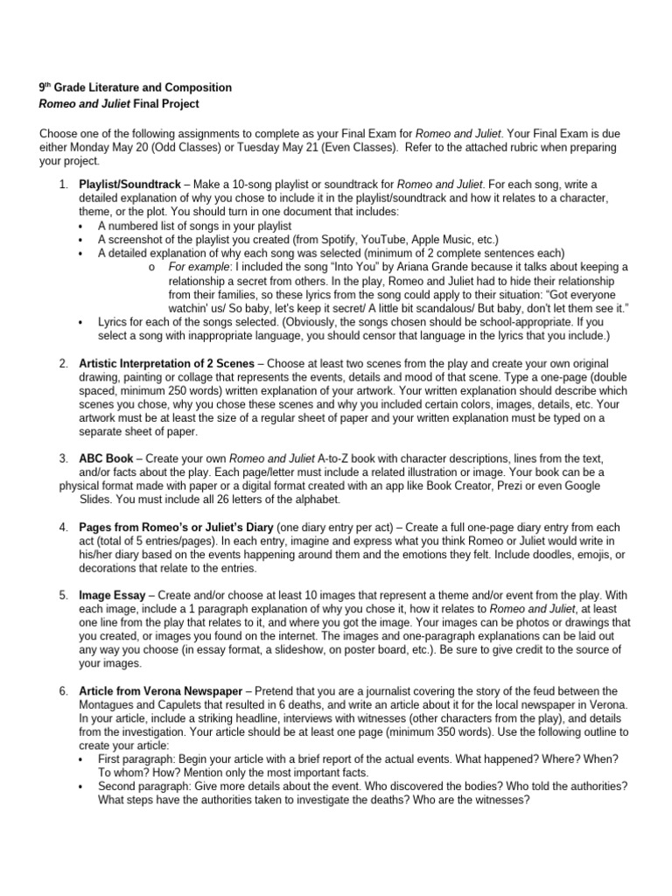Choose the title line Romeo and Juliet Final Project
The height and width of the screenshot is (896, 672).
119,104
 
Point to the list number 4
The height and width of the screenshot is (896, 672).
64,527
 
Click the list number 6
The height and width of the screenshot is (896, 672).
64,690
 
